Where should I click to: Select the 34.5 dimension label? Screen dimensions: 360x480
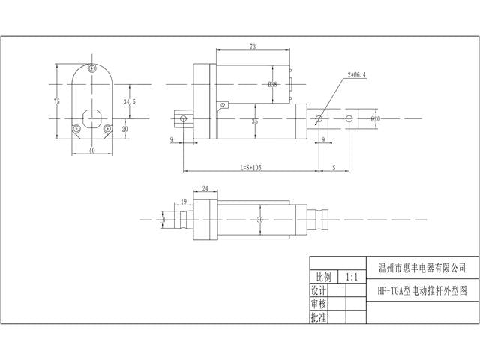click(129, 100)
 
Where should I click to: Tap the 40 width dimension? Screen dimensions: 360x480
click(91, 150)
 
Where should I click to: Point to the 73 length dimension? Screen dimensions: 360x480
click(253, 47)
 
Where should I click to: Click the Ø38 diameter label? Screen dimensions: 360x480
click(273, 84)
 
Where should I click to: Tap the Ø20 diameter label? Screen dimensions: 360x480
click(376, 119)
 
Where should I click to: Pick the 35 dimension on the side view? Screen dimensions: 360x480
click(255, 121)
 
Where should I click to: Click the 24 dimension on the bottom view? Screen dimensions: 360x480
click(205, 190)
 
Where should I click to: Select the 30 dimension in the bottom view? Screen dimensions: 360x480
click(259, 220)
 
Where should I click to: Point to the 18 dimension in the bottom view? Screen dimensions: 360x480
click(162, 220)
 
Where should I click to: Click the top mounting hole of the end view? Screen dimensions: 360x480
click(91, 69)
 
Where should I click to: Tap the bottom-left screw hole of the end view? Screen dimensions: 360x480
click(76, 129)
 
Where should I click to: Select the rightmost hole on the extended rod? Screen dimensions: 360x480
click(349, 119)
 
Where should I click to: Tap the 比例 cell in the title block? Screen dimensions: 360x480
click(322, 277)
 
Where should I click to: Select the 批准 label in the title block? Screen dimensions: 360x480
click(319, 317)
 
